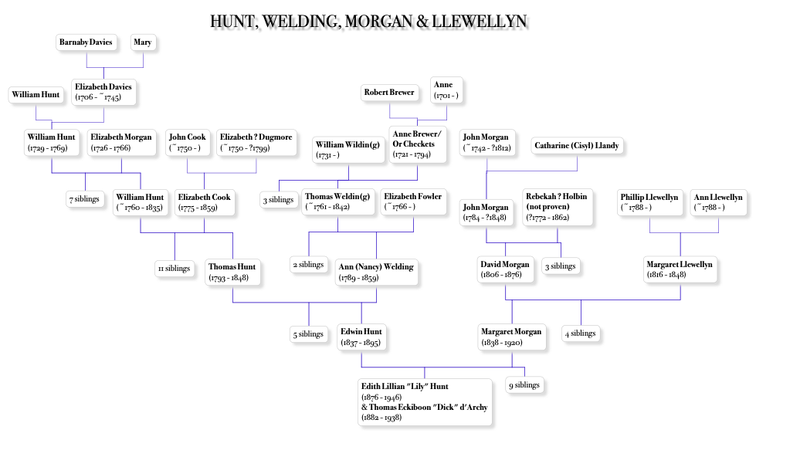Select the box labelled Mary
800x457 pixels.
coord(143,43)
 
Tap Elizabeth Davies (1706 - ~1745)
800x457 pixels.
coord(104,92)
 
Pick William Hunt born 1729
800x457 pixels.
coord(52,142)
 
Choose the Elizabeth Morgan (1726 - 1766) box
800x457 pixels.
coord(121,142)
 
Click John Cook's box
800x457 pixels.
coord(188,142)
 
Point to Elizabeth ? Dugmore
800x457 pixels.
coord(256,142)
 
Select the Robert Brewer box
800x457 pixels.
coord(390,93)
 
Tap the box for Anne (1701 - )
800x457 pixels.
coord(446,90)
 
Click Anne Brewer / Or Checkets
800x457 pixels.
coord(417,144)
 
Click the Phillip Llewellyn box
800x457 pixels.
coord(649,202)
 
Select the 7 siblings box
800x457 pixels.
coord(84,199)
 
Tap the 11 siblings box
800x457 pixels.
coord(173,269)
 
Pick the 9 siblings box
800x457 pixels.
coord(524,385)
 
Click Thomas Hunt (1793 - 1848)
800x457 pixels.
coord(232,272)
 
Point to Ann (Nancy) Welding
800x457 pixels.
coord(376,272)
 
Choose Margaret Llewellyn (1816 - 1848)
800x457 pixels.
coord(680,269)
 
